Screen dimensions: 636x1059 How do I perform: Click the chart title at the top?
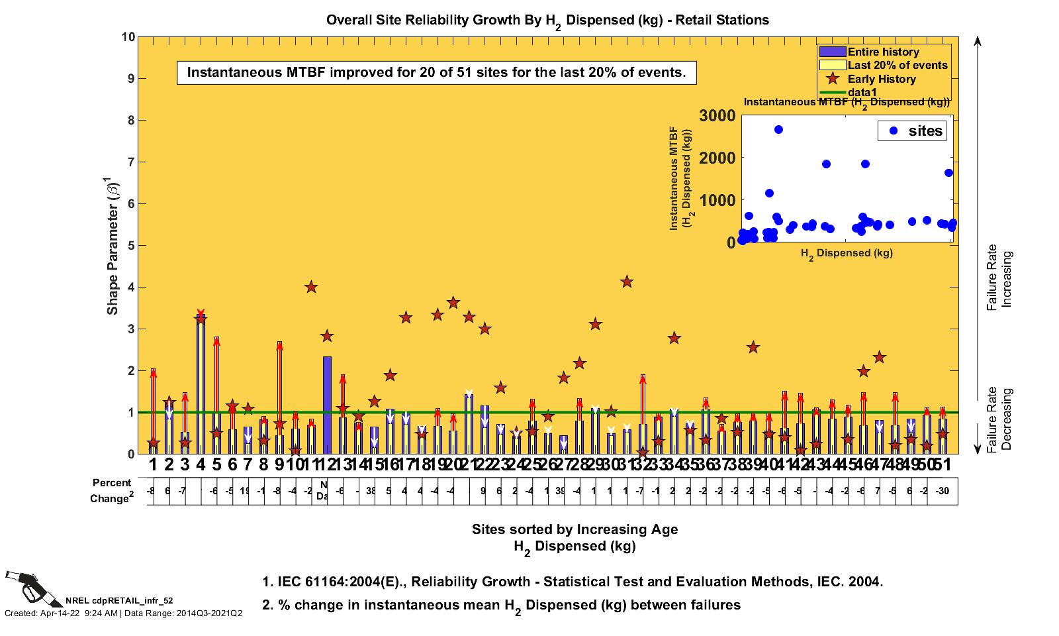tap(547, 20)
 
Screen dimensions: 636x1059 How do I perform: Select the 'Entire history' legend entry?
tap(883, 52)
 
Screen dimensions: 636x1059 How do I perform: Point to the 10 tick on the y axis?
tap(128, 36)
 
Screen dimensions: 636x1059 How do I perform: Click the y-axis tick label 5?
tap(130, 246)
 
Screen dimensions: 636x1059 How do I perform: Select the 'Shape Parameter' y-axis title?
tap(113, 246)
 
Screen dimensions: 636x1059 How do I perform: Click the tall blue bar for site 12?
tap(327, 404)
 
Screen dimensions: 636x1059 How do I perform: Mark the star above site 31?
tap(627, 282)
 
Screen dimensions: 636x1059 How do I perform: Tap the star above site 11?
tap(311, 287)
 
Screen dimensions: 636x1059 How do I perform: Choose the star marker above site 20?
tap(453, 303)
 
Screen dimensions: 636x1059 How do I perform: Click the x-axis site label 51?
tap(943, 464)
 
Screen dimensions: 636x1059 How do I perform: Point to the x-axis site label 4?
tap(201, 464)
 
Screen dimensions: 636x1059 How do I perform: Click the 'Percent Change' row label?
tap(111, 491)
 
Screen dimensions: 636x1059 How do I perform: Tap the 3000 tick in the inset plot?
tap(717, 115)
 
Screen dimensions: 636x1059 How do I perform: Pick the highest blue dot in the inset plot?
tap(778, 130)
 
